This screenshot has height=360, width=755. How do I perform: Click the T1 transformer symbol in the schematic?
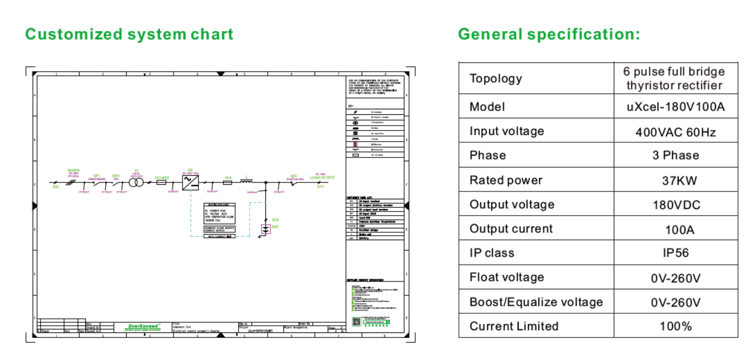(x=136, y=183)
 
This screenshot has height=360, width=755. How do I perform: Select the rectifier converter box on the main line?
(x=190, y=183)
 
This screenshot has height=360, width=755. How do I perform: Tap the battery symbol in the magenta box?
(x=266, y=229)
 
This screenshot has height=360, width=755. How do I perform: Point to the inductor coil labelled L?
(x=247, y=181)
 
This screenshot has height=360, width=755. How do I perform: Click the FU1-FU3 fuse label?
(x=162, y=178)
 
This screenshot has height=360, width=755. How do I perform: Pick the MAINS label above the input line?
(x=74, y=170)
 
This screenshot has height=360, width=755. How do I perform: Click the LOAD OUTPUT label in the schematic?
(x=322, y=178)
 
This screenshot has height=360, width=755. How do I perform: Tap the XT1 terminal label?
(x=56, y=187)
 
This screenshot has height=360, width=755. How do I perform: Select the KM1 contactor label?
(x=116, y=176)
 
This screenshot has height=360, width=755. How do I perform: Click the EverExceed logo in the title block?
(x=143, y=327)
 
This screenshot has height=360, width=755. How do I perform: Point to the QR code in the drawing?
(x=356, y=322)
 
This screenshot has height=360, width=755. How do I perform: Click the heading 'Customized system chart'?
(x=129, y=34)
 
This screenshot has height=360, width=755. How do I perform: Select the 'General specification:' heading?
(x=549, y=34)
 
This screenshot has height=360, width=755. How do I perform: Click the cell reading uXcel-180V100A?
(x=676, y=107)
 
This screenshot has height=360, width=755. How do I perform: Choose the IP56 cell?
(x=676, y=253)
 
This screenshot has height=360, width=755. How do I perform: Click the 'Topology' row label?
(x=495, y=79)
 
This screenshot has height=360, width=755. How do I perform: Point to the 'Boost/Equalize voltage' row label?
(x=536, y=302)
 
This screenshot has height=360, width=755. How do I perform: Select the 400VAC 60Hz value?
(x=676, y=132)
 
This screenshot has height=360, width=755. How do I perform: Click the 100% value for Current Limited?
(x=676, y=326)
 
